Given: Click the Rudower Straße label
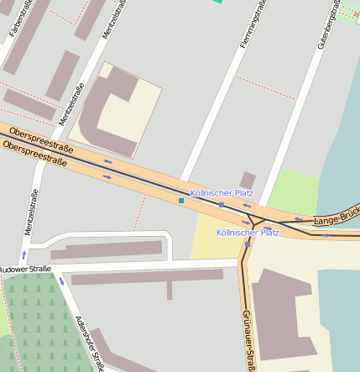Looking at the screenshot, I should [x=25, y=270].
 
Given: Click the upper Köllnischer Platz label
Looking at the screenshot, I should [x=222, y=193].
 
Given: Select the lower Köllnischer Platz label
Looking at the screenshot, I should [x=247, y=233].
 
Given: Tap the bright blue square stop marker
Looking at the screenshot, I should [x=180, y=201].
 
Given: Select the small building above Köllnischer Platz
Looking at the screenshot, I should [x=247, y=180].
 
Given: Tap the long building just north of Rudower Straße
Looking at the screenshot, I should [x=106, y=249].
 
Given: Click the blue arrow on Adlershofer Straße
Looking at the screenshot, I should [x=61, y=280].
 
